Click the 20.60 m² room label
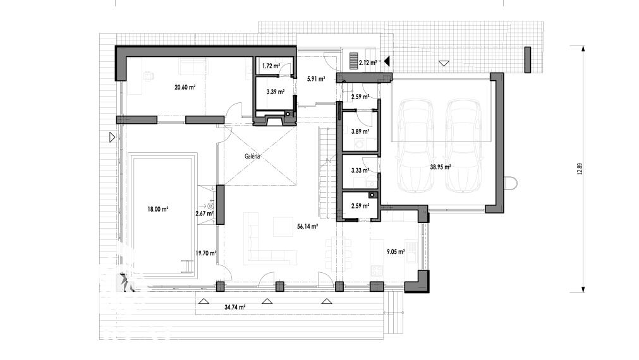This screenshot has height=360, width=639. point(185,87)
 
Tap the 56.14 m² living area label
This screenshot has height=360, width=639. point(307,227)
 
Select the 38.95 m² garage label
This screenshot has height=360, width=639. point(440,167)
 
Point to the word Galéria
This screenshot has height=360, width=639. point(252,156)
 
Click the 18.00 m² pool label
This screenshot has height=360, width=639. point(158,209)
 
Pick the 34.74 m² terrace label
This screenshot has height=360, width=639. point(234,307)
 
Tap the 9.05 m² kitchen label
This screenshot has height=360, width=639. point(395,252)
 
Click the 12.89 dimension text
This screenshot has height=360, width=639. point(580,169)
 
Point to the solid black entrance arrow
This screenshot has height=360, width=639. point(387,61)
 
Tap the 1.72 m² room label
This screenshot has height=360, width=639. point(271,66)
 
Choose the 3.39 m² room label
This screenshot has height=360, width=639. point(275,92)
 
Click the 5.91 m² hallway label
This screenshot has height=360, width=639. point(316,79)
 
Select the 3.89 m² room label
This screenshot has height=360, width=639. point(360,131)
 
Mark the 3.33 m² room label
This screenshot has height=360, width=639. point(360,171)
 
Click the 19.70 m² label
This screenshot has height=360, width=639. point(206,253)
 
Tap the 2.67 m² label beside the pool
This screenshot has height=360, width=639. point(205,213)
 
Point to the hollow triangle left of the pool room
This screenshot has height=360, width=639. point(113,137)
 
